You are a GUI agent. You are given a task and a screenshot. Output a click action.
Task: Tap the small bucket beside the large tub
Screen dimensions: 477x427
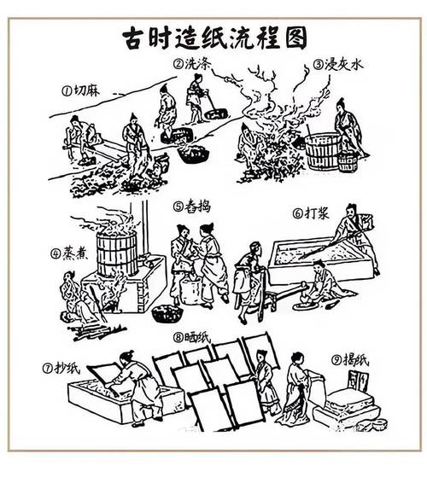pos(347,161)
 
